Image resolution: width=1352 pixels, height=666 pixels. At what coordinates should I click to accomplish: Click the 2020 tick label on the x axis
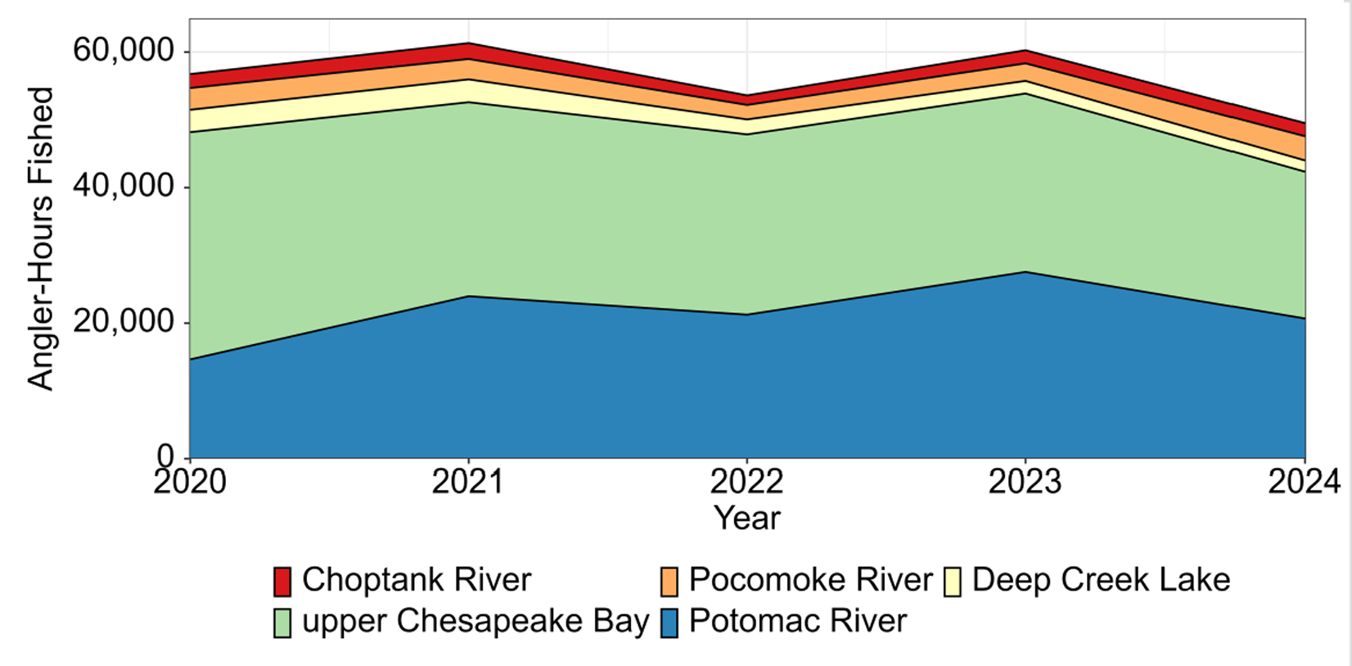(x=190, y=482)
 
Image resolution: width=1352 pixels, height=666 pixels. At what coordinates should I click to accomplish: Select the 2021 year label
(x=468, y=482)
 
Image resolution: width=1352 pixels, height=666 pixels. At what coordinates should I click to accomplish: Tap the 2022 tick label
(x=746, y=482)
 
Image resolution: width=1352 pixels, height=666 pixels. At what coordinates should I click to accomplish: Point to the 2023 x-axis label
(x=1025, y=482)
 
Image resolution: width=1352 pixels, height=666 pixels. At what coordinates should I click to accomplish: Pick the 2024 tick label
(x=1304, y=482)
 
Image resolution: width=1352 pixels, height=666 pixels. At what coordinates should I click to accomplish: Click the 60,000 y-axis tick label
(x=124, y=51)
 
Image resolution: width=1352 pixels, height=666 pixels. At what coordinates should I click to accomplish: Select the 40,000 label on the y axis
(x=124, y=187)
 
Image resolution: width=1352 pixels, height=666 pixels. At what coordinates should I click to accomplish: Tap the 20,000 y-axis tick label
(x=124, y=322)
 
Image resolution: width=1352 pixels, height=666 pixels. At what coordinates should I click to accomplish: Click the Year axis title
(x=746, y=518)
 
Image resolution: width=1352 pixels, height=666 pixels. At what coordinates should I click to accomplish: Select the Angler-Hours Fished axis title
(x=40, y=238)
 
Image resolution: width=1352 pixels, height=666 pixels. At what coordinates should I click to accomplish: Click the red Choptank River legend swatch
(x=282, y=581)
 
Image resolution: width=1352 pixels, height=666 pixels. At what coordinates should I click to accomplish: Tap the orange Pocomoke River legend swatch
(x=669, y=581)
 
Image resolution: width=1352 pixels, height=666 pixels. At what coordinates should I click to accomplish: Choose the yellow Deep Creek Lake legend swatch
(x=952, y=581)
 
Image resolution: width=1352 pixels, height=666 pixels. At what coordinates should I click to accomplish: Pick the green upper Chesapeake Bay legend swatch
(x=282, y=623)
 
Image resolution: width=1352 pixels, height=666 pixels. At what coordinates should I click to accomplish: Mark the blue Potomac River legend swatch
(x=669, y=623)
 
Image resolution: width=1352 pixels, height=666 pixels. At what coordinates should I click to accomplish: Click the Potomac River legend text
(x=798, y=621)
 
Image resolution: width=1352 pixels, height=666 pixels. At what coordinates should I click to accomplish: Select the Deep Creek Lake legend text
(x=1101, y=579)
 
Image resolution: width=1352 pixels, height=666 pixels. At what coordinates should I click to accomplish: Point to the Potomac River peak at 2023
(x=1025, y=272)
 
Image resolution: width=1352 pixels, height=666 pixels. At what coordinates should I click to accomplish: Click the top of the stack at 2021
(x=468, y=43)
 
